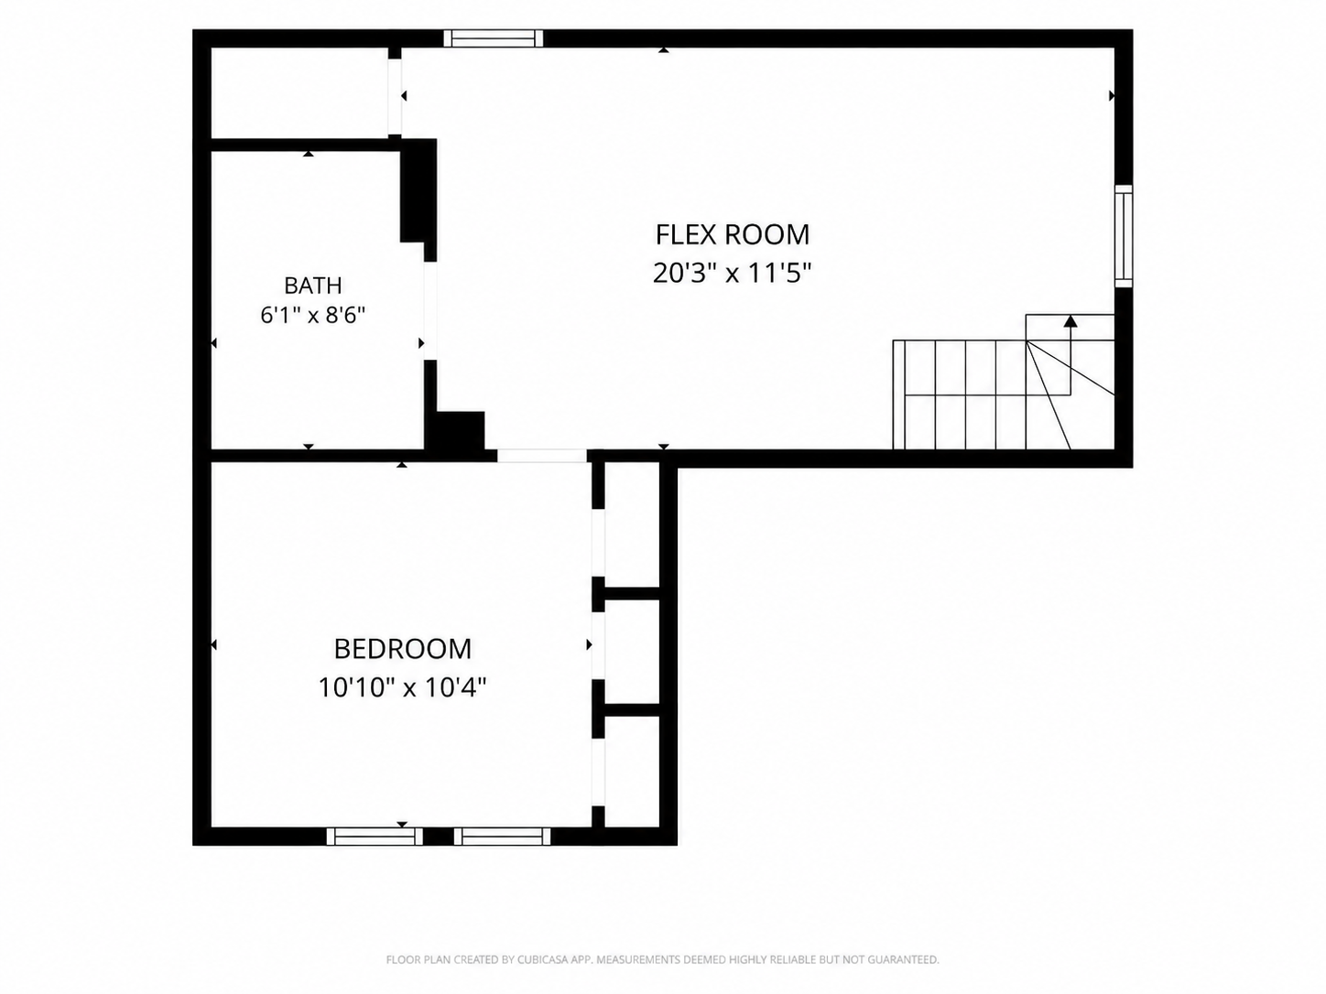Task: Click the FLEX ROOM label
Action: pos(733,234)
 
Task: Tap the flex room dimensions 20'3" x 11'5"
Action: pos(732,273)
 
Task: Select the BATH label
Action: pos(313,285)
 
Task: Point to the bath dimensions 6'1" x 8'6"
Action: pos(313,315)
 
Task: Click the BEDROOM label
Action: pos(403,649)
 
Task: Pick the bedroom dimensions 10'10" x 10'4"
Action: pos(402,686)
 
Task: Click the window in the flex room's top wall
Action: pos(494,38)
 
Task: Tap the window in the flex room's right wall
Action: pos(1124,236)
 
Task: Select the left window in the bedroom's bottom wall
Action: pos(375,837)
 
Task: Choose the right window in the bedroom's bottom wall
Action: pos(503,837)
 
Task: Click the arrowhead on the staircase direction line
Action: pos(1071,321)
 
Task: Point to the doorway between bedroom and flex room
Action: pos(542,456)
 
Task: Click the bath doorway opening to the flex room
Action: pos(430,311)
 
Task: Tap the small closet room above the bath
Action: pos(299,93)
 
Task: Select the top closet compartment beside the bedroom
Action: pos(632,524)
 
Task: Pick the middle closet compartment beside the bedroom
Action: pos(632,652)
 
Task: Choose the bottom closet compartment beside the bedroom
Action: pos(632,772)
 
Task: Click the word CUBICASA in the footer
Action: pos(542,959)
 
